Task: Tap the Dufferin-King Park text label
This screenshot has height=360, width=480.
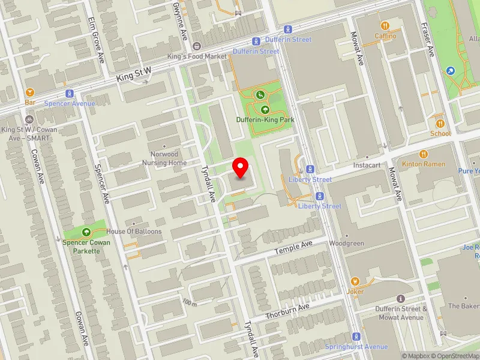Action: pos(264,120)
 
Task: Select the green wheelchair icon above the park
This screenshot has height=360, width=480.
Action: pos(260,94)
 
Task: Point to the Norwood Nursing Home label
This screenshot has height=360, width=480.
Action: pos(164,158)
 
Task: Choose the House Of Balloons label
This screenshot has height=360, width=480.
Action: pos(134,231)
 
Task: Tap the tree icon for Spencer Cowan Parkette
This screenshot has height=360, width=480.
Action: pos(86,232)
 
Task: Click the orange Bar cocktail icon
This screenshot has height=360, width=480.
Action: pos(30,92)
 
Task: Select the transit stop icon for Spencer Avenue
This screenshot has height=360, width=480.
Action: pos(70,94)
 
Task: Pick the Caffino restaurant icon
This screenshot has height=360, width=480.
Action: pos(385,26)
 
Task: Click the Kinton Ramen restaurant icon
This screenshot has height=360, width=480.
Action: pos(424,154)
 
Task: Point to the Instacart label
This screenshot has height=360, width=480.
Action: pos(368,164)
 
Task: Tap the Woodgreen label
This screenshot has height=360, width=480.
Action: pos(346,244)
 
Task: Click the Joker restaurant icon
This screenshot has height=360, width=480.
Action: pos(355,281)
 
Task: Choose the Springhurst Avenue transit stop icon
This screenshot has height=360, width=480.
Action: pos(356,337)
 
